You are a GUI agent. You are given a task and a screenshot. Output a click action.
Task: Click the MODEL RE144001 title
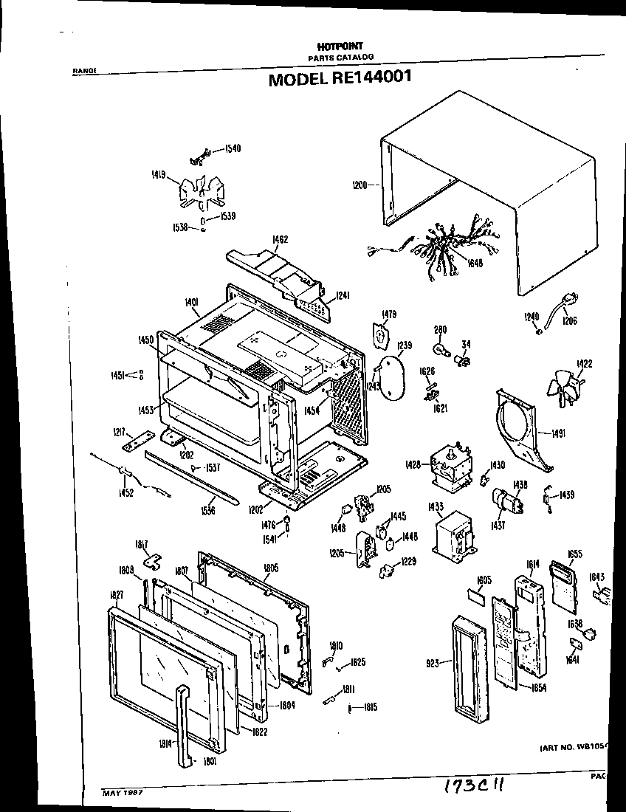(x=340, y=78)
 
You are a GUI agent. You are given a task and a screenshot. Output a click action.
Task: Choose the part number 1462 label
(x=280, y=239)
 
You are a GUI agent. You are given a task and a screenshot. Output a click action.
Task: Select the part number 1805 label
(x=271, y=568)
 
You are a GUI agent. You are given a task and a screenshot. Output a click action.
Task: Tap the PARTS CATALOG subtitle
(x=340, y=57)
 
